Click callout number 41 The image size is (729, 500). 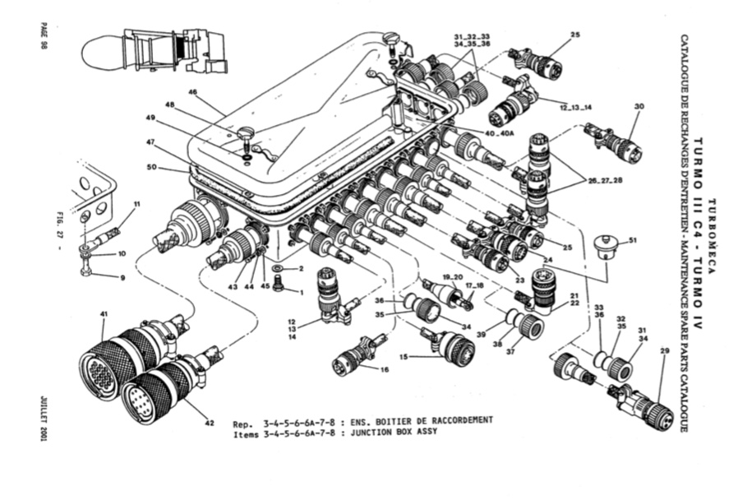104,315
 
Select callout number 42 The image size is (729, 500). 210,423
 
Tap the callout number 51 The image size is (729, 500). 632,240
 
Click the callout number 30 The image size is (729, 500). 639,106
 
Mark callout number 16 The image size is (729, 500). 384,370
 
